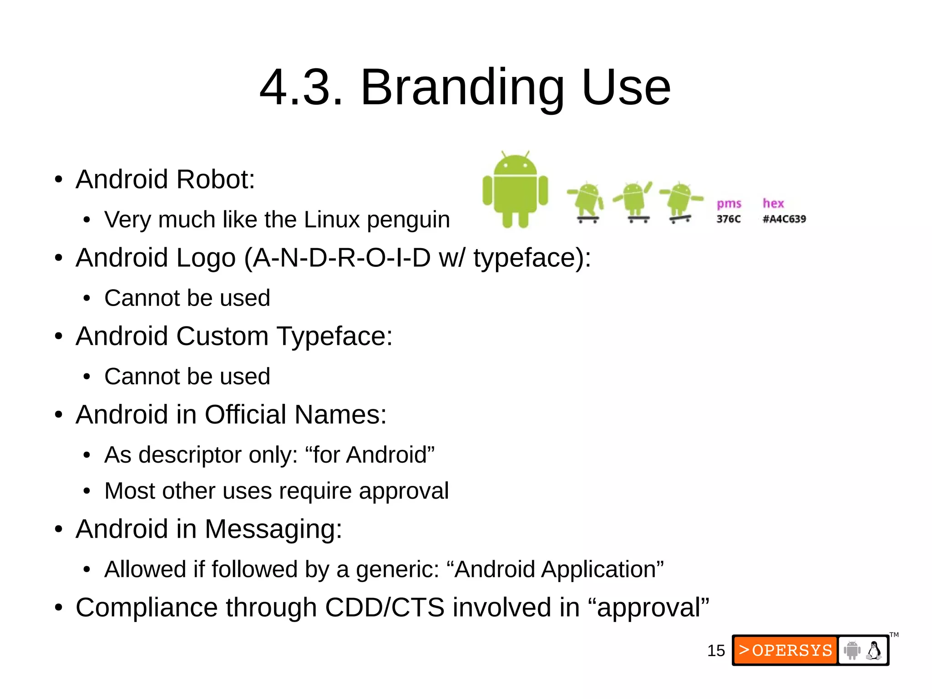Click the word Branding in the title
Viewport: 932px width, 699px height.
462,87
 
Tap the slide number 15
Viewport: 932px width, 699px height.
715,651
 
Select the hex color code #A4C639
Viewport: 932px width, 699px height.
784,219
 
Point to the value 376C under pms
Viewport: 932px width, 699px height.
728,219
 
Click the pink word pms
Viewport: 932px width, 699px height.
729,204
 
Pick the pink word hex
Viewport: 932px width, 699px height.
773,203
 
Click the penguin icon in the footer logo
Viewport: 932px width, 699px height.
874,650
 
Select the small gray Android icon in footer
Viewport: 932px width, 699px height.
851,650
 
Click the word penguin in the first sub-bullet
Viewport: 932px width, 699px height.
408,220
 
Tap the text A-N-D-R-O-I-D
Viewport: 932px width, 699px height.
342,258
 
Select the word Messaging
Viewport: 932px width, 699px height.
273,529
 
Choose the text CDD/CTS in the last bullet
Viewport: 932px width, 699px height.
385,607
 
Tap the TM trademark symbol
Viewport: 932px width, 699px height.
894,635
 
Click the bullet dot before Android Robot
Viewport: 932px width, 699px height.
58,179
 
